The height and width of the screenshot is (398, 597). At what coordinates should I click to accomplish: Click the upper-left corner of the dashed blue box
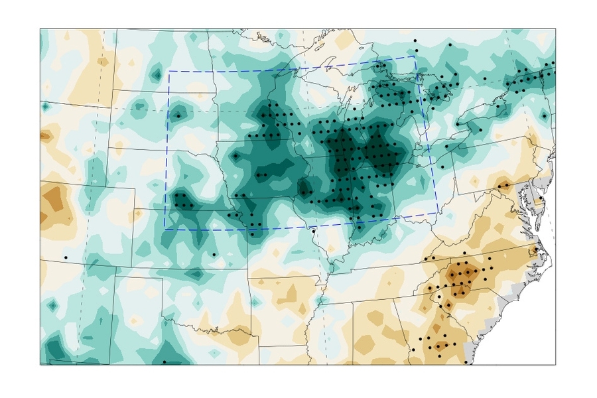[168, 71]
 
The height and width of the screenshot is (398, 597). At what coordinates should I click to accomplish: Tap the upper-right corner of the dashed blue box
[415, 56]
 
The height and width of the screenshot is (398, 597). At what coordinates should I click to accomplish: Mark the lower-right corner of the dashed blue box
[438, 212]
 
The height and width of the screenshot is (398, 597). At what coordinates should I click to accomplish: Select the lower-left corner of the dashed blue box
[165, 229]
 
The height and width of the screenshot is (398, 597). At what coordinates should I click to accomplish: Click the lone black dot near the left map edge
[66, 257]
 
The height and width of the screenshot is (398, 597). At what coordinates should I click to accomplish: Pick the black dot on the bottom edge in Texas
[164, 362]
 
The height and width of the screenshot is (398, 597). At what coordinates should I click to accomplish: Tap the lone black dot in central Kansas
[214, 254]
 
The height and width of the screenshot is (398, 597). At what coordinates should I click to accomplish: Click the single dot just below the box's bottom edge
[313, 231]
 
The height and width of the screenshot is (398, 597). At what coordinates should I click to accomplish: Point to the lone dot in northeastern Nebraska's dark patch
[235, 156]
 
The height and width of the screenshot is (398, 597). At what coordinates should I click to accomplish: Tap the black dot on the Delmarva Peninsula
[541, 198]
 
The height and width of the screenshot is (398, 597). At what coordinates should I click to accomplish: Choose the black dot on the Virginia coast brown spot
[536, 249]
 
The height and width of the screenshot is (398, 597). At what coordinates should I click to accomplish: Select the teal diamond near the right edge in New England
[545, 115]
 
